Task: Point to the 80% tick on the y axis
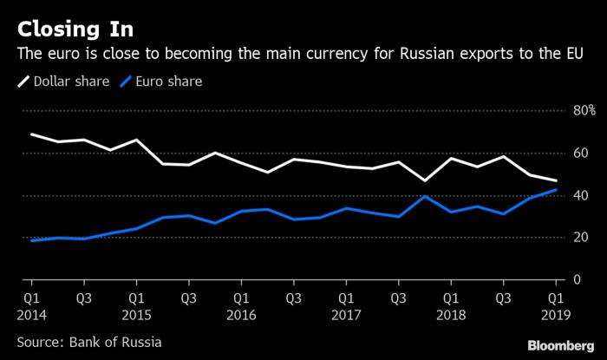click(x=580, y=111)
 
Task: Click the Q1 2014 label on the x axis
click(x=32, y=304)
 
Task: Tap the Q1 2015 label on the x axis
click(x=136, y=304)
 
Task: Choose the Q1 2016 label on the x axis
click(x=241, y=304)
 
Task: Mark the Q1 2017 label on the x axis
click(x=346, y=304)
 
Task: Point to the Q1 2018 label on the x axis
click(x=450, y=304)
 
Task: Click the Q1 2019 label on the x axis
click(x=555, y=304)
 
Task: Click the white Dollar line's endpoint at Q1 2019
click(x=555, y=180)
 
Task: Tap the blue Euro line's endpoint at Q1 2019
click(x=555, y=190)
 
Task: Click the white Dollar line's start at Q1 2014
click(x=32, y=134)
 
